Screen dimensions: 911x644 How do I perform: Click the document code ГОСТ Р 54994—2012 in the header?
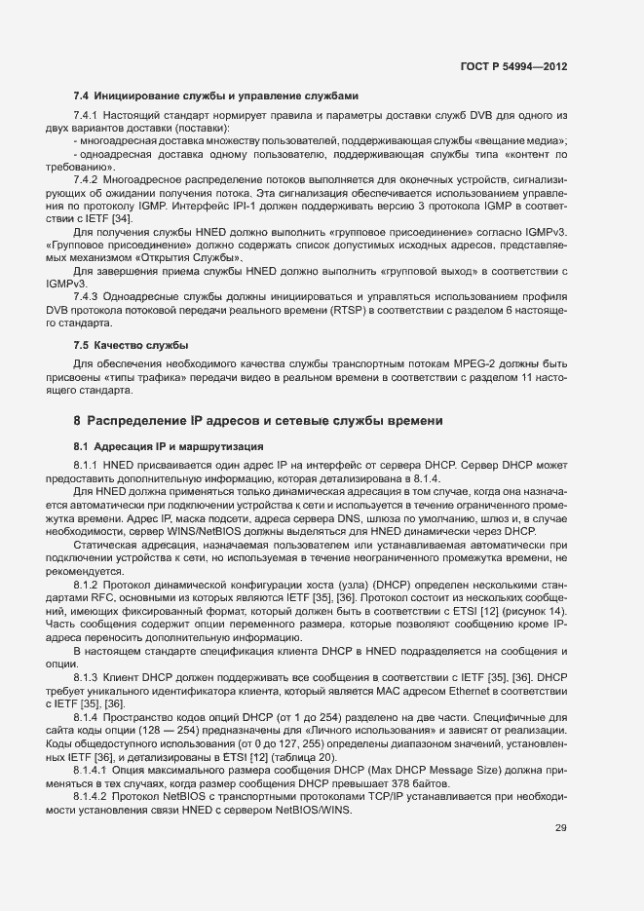[513, 66]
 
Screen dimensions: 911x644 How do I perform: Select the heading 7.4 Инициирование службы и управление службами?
[216, 95]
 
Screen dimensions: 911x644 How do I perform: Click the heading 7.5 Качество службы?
[132, 346]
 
